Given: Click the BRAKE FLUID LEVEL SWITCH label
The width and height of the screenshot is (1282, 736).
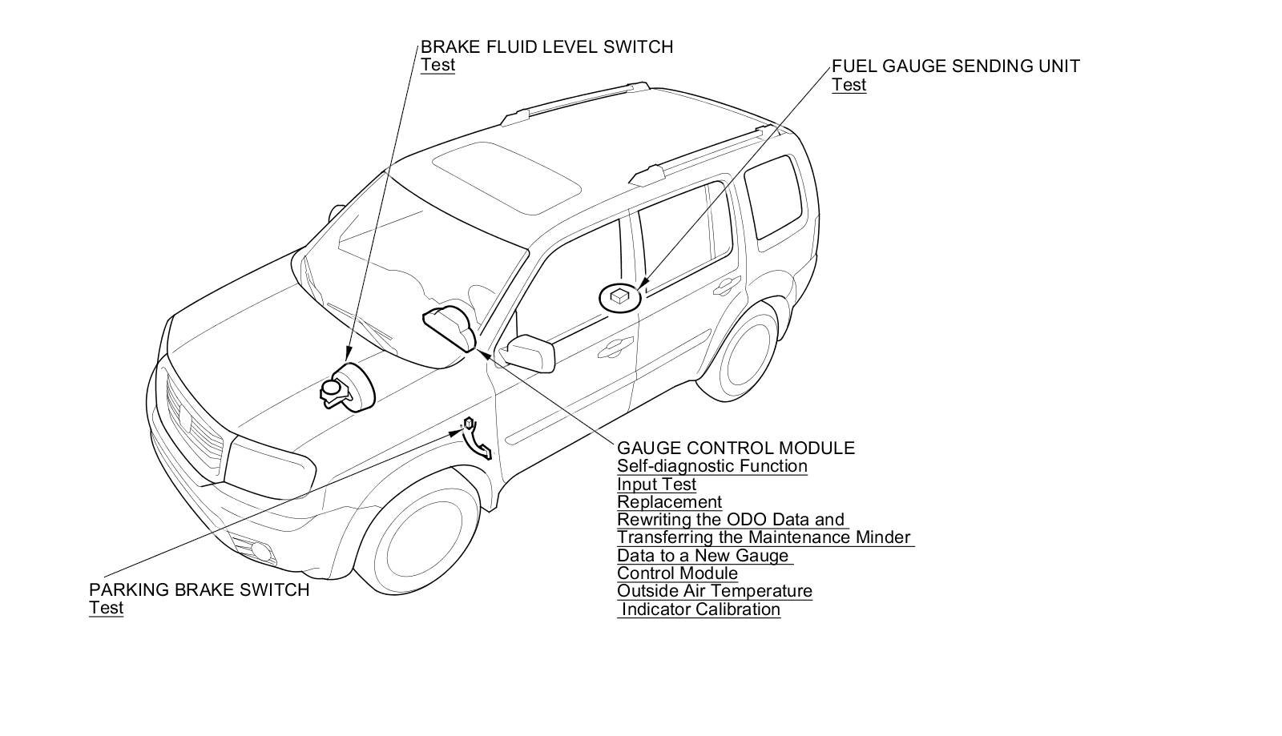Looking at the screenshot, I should (546, 47).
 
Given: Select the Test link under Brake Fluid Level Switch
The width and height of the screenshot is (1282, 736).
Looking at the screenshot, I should (437, 65).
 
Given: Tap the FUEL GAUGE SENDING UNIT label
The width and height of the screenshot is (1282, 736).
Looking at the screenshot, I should (955, 66).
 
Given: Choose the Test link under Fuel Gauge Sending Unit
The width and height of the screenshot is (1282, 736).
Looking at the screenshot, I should (849, 85).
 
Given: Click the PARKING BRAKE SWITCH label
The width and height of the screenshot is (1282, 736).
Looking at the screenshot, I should (199, 590).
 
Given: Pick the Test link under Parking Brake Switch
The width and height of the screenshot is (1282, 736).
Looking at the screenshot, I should (106, 608).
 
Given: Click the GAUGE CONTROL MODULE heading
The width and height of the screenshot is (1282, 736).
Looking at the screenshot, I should (736, 448).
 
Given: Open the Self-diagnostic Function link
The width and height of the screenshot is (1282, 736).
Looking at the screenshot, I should (712, 466).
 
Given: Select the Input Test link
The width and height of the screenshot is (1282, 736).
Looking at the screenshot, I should (656, 485).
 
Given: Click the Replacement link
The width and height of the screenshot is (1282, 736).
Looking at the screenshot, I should (669, 502).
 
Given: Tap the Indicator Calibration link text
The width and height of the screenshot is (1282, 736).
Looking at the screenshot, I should (701, 609).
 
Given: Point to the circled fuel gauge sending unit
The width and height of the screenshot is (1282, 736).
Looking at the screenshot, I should (620, 297).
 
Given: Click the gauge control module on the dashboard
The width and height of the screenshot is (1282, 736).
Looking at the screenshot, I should (450, 328).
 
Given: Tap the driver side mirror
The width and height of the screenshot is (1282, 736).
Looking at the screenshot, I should (528, 352).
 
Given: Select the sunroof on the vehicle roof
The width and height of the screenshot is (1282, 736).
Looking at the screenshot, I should (506, 176).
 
